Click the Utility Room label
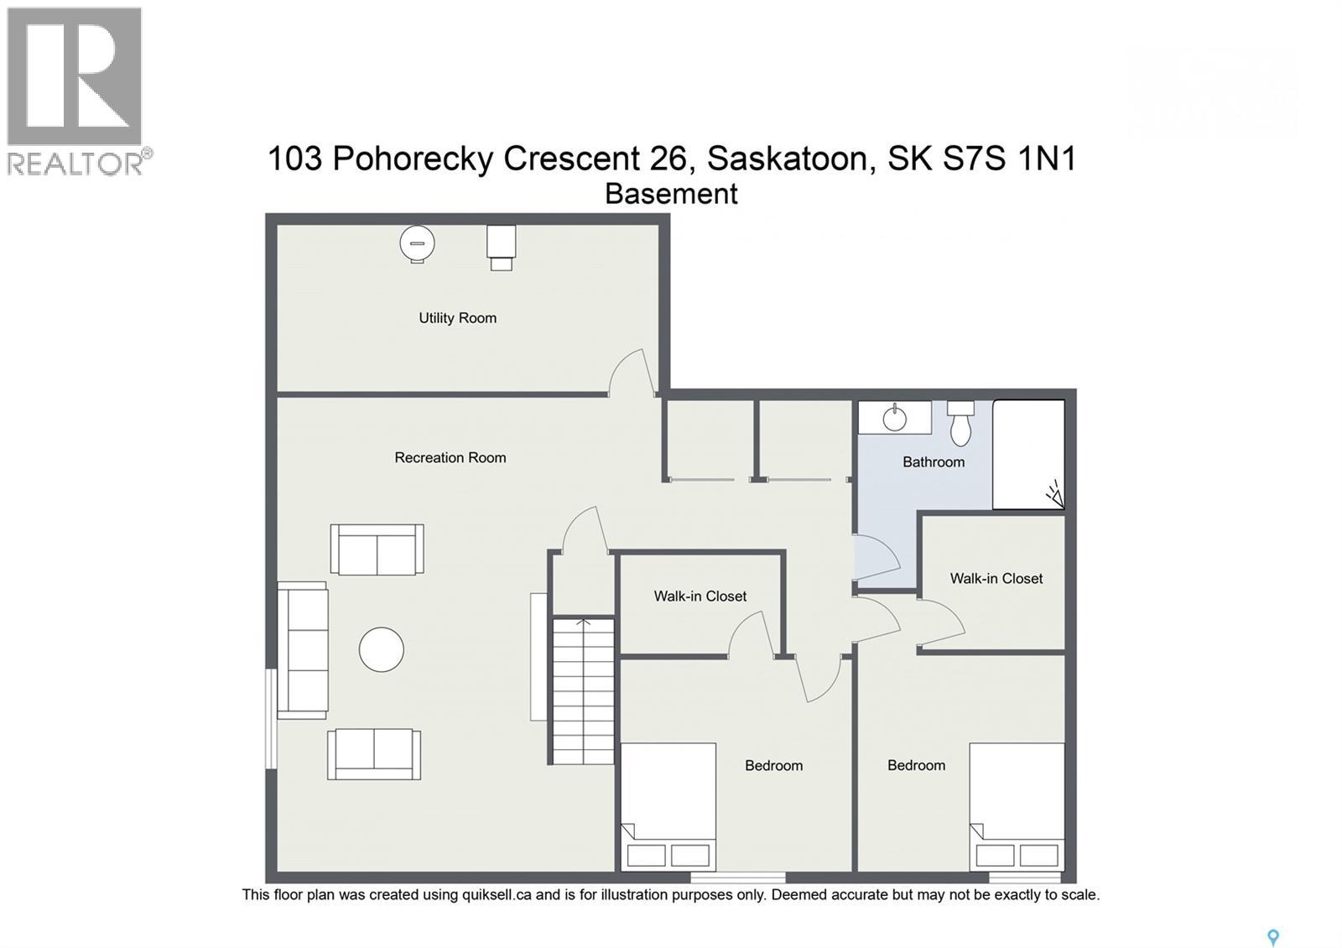click(457, 318)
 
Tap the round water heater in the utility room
click(417, 245)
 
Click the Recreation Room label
click(450, 458)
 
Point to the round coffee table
click(382, 650)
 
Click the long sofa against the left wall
click(302, 650)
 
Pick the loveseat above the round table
click(377, 550)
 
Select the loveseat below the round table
click(374, 754)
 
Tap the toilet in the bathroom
click(961, 425)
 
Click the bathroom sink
click(895, 418)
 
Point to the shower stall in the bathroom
click(1028, 454)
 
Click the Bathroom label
click(934, 462)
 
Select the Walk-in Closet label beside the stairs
click(700, 596)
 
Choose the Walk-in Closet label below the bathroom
click(996, 579)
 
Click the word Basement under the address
click(671, 194)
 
